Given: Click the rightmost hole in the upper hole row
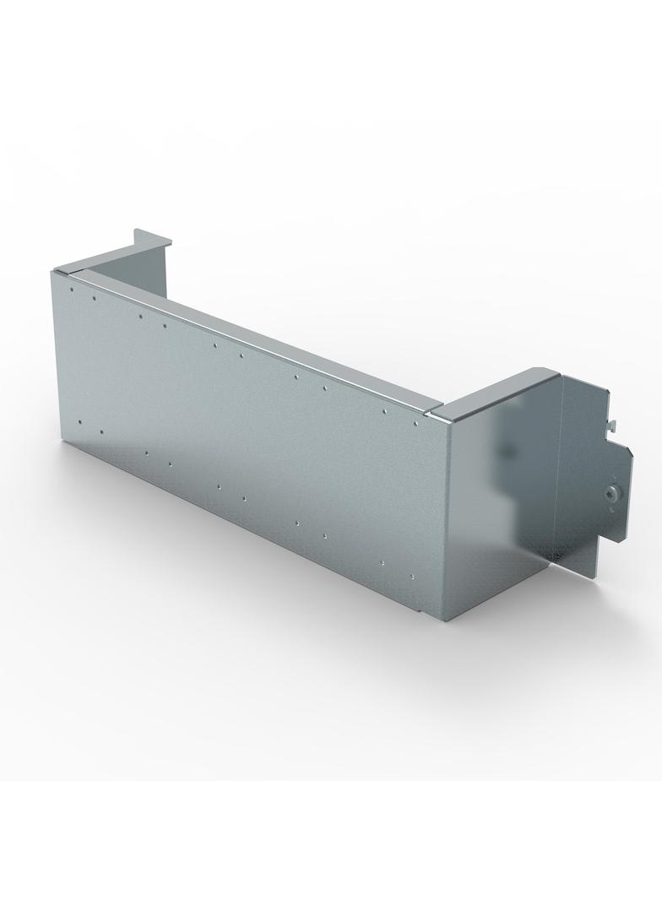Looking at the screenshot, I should [x=418, y=420].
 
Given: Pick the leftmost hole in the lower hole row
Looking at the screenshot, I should [x=79, y=423].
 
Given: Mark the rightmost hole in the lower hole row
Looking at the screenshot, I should [x=412, y=577].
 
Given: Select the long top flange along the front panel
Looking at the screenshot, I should [x=253, y=329].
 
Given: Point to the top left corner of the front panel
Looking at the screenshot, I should [x=53, y=272].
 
